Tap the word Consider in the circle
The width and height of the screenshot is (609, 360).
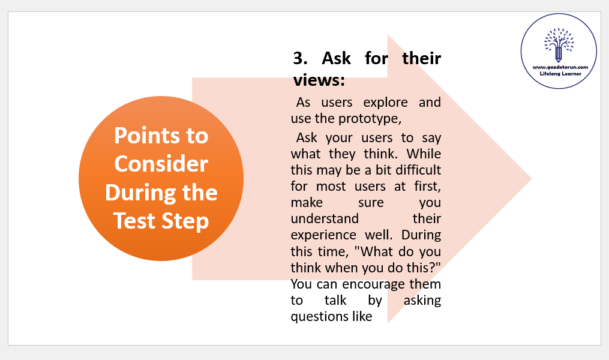[x=161, y=164]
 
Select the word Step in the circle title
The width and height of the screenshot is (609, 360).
[x=185, y=221]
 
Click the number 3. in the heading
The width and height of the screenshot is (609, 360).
[x=300, y=58]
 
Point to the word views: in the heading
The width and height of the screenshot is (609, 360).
[x=319, y=80]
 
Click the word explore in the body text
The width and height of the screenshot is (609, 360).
[x=385, y=103]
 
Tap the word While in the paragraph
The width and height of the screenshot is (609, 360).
[x=424, y=154]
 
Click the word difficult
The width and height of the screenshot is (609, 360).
[x=418, y=170]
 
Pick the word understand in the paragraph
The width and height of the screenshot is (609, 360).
[x=325, y=218]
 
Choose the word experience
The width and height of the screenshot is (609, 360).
[x=323, y=235]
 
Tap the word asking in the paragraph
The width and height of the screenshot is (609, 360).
[x=422, y=301]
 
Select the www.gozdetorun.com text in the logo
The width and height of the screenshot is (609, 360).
[x=560, y=67]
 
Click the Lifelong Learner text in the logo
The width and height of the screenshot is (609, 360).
[x=560, y=74]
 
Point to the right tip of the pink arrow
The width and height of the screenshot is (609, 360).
[x=532, y=179]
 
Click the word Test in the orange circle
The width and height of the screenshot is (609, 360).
[x=135, y=221]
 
